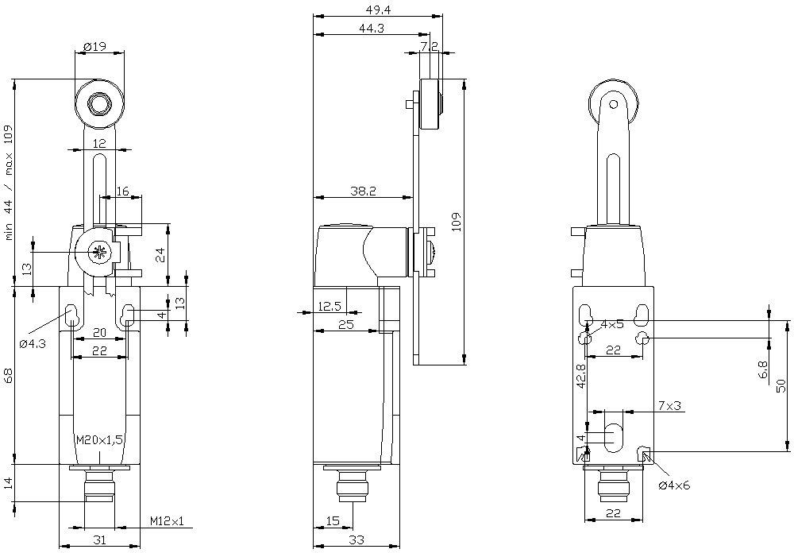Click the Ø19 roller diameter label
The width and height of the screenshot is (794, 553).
click(x=94, y=47)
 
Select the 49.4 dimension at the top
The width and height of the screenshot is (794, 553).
click(x=378, y=9)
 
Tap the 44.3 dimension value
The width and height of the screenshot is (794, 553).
click(x=372, y=29)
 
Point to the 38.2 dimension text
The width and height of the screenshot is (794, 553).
click(x=364, y=191)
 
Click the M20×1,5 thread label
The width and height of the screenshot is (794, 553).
click(x=100, y=439)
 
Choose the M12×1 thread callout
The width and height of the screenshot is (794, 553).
click(x=167, y=521)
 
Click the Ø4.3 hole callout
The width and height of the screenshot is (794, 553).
click(x=33, y=344)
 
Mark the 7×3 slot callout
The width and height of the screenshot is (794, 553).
click(x=670, y=405)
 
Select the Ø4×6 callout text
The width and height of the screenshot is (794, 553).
click(x=674, y=485)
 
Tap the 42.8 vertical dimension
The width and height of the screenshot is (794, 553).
click(x=581, y=376)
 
